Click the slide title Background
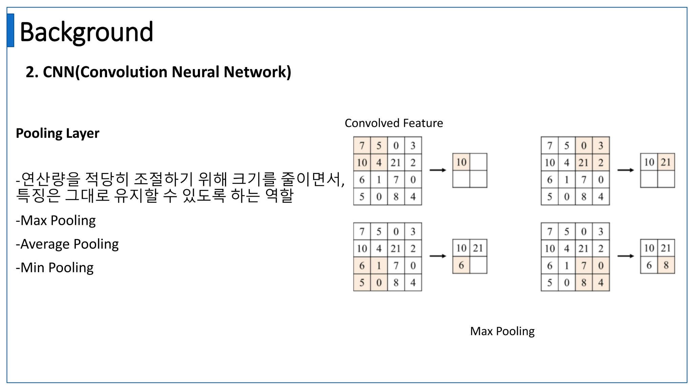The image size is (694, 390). [86, 32]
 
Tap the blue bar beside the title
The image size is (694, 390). [11, 30]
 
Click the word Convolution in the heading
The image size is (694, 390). [124, 72]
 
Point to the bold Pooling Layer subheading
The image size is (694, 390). [58, 133]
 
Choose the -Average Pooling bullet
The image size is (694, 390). [67, 244]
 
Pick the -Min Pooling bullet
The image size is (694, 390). [55, 268]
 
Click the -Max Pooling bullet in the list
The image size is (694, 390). [56, 221]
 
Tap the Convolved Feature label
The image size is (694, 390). [393, 123]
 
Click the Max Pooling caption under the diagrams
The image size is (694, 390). [502, 331]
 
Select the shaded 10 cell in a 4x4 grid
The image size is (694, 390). [362, 163]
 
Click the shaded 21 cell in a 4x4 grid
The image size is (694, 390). [584, 163]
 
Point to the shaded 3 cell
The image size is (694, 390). [601, 146]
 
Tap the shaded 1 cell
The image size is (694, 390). [379, 266]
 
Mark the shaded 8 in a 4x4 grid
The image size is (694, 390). [584, 283]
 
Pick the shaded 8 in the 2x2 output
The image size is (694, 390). [666, 265]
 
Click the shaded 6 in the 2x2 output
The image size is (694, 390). [461, 265]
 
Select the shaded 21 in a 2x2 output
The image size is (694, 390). [666, 162]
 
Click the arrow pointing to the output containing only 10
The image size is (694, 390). [437, 170]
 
